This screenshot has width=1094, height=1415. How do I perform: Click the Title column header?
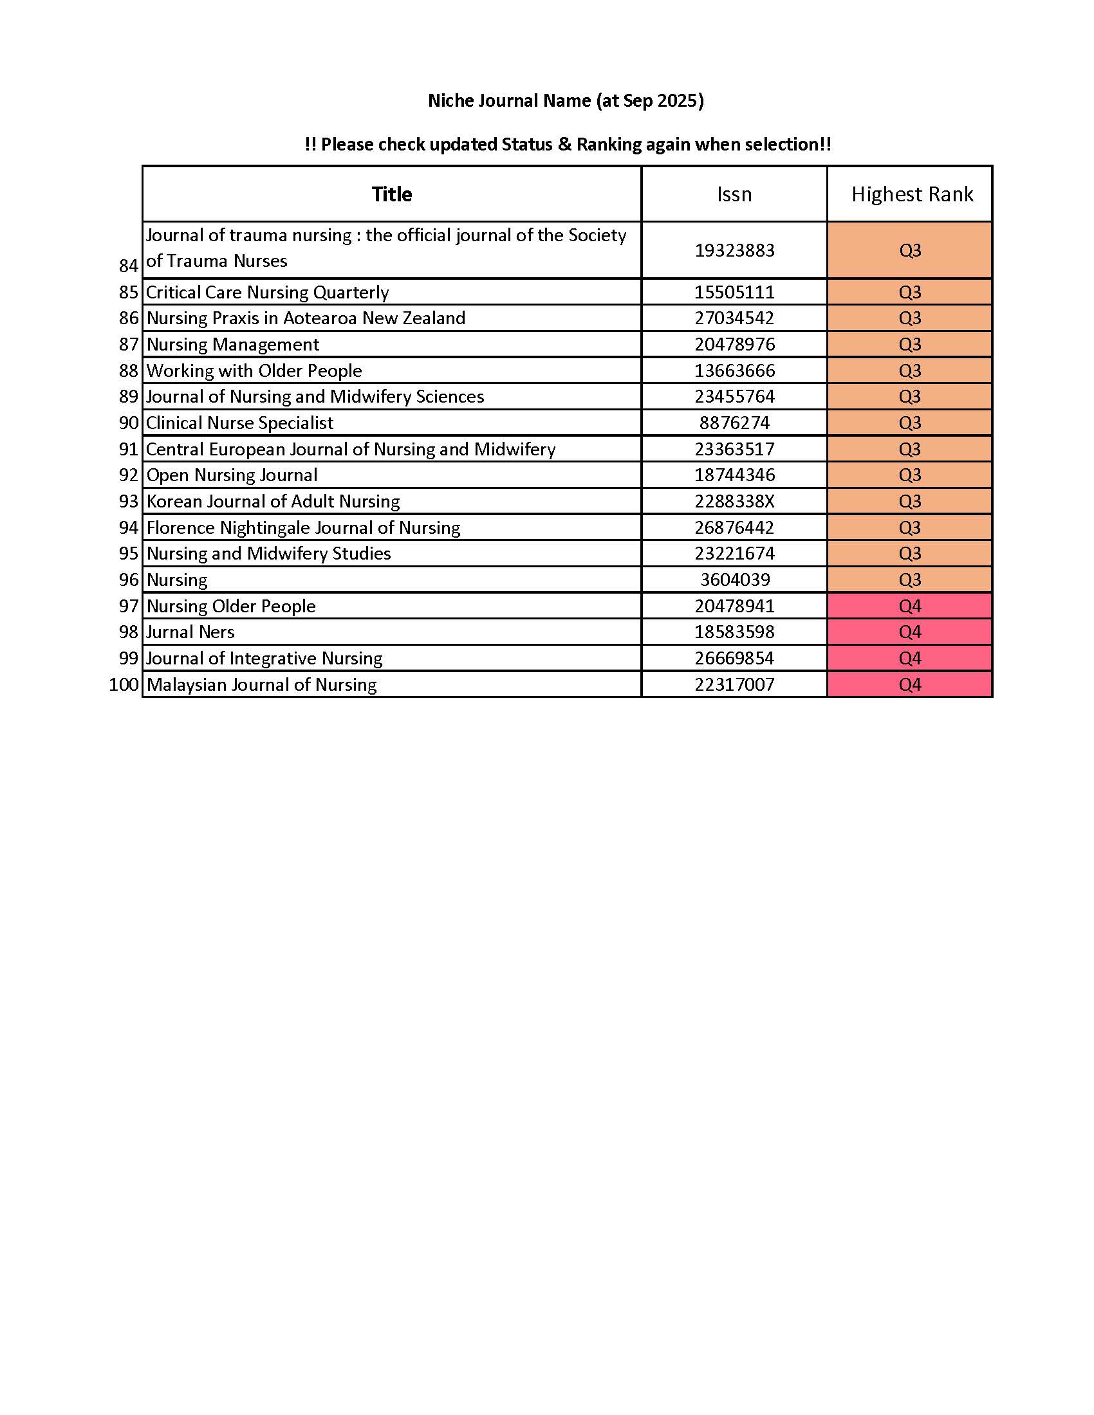click(391, 194)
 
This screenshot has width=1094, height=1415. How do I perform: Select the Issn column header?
click(734, 194)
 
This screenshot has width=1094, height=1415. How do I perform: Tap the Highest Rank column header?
click(912, 194)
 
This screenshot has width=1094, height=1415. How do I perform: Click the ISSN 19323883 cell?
click(734, 251)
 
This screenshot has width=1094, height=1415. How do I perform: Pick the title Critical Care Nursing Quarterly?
click(267, 292)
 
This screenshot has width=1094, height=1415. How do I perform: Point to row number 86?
click(129, 318)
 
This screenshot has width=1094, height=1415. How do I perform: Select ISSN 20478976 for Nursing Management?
click(734, 344)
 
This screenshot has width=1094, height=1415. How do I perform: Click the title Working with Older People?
click(254, 370)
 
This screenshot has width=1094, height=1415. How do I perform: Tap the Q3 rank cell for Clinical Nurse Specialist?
click(910, 423)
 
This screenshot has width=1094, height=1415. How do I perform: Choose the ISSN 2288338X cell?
click(734, 502)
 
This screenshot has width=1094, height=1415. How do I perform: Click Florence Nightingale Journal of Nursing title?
click(303, 528)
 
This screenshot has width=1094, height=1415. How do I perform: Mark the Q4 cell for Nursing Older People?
click(910, 607)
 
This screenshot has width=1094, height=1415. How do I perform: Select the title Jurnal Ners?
click(190, 632)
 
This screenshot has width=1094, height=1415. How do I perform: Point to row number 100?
click(124, 685)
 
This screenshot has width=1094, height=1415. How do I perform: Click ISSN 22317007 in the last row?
click(734, 685)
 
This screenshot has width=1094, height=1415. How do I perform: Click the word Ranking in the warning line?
click(609, 145)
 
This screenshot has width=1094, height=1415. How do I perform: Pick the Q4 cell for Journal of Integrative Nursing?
click(910, 658)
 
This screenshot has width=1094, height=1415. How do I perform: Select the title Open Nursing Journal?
click(232, 475)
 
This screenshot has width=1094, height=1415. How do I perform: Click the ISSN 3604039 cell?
click(734, 580)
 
